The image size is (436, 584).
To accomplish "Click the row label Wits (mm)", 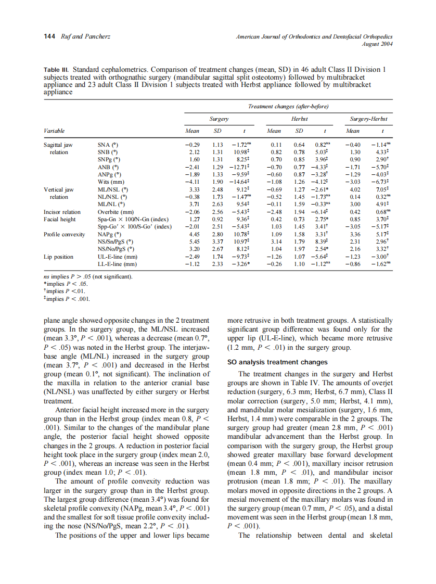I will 111,182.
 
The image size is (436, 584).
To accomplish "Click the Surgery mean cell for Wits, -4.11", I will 193,182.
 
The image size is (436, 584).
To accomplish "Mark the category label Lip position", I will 58,257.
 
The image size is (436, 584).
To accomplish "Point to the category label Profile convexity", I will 64,234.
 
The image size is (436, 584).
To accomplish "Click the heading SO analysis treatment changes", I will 277,362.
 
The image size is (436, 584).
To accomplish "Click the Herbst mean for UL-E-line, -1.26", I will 274,257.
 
